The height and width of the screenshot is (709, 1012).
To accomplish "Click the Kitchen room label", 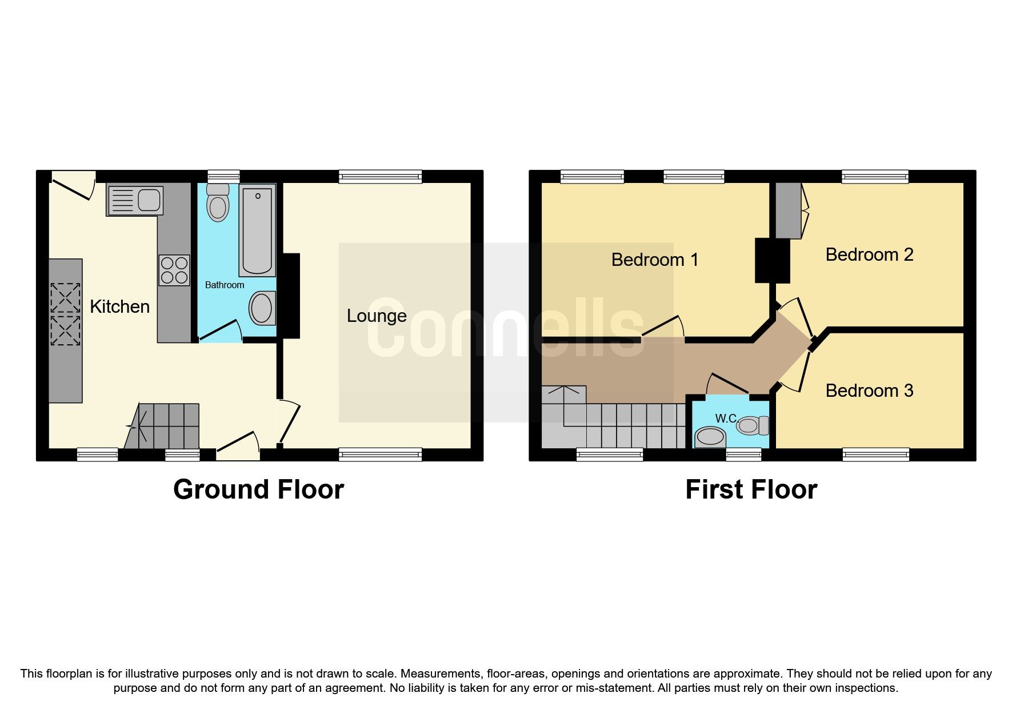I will point(119,307).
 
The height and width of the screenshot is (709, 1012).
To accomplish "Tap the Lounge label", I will point(377,316).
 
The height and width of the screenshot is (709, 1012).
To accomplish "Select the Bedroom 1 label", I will point(654,260).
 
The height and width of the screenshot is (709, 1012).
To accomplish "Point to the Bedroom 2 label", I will point(869,255).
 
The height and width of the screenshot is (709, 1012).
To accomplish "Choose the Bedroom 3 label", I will point(869,391).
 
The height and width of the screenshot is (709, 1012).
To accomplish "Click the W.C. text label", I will point(726,419).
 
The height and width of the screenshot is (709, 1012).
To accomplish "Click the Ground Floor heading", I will point(258,490).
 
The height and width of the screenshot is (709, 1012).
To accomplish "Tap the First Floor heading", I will point(751,490).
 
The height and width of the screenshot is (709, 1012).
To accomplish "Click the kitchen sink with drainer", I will point(135,201).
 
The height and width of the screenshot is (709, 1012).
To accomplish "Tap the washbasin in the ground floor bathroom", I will point(262,309).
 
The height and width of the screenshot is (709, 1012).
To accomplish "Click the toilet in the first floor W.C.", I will point(752,425).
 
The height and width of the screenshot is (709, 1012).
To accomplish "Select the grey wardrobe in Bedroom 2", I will point(788,210).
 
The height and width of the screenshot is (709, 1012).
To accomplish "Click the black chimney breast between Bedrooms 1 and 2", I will point(772,261).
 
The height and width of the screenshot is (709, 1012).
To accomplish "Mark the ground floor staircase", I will point(163,427).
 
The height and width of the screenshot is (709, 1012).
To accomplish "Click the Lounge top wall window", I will point(380,177).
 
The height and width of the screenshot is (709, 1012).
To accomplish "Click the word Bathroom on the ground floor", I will point(225,285).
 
